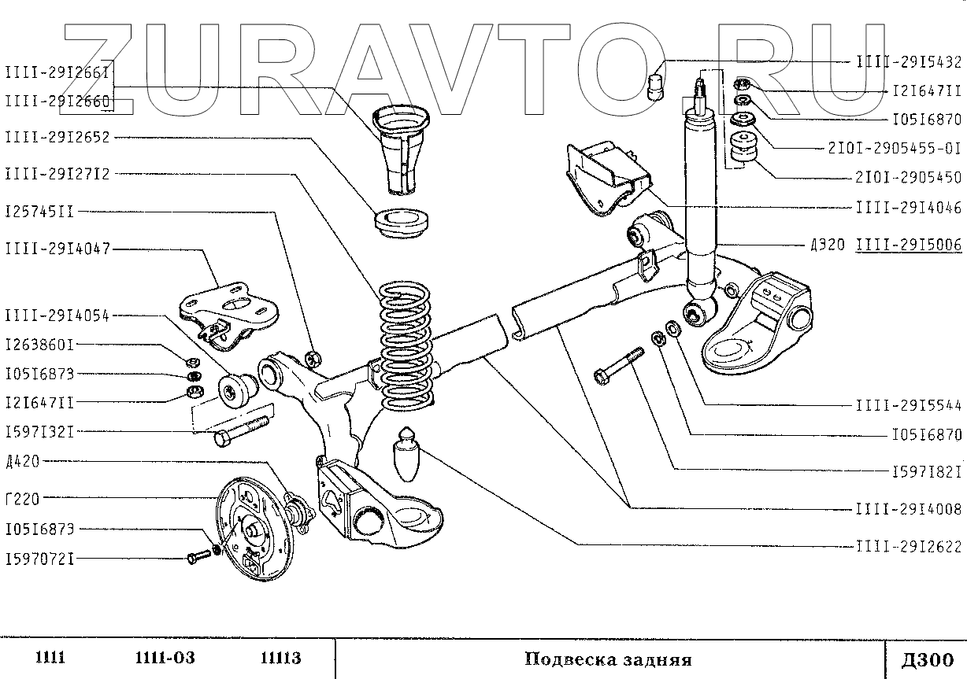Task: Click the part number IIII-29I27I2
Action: (57, 172)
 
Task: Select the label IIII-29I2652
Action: (57, 137)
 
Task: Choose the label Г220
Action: (22, 497)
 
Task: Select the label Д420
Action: (22, 461)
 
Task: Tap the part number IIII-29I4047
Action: (57, 249)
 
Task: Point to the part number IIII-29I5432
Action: (908, 61)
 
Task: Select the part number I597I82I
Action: (926, 471)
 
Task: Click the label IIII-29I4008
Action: (908, 509)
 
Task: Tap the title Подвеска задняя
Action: (607, 659)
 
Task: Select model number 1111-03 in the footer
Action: (165, 658)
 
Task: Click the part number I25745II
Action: (39, 212)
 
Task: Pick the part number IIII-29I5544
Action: (908, 406)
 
